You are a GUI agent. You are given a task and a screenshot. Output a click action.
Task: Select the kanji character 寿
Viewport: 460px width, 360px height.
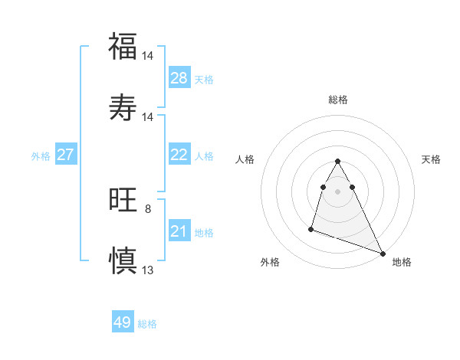coord(123,107)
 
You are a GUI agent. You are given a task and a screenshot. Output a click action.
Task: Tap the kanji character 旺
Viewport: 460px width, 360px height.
coord(123,201)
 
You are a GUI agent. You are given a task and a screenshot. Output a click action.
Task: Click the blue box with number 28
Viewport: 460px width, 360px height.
coord(179,78)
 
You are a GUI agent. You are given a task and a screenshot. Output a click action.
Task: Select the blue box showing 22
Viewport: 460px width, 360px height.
coord(179,155)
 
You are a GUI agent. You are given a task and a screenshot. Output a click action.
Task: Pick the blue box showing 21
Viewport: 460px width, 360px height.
coord(179,231)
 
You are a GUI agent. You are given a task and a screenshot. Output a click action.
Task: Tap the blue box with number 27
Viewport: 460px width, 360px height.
coord(65,155)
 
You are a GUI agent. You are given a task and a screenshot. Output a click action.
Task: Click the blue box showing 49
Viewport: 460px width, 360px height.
coord(123,322)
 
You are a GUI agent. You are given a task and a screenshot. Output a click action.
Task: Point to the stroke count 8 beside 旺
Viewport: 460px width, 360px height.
coord(148,208)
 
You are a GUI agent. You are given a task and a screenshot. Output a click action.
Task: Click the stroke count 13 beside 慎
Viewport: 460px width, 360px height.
coord(148,270)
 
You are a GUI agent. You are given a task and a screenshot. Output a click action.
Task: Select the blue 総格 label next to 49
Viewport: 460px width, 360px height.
coord(147,324)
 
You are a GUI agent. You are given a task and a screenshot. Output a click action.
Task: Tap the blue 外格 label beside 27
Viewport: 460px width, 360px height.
coord(41,156)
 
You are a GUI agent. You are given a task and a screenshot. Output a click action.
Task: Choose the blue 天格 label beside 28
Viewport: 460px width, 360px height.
coord(204,80)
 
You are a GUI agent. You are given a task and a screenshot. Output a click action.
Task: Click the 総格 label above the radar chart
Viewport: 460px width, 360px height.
coord(338,100)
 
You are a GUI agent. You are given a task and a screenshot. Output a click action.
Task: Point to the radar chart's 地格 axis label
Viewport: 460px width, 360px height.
coord(402,262)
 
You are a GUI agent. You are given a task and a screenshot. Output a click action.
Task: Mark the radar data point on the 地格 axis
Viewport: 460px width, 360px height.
coord(383,254)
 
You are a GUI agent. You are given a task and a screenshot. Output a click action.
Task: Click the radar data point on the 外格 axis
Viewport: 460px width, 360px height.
coord(311,228)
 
